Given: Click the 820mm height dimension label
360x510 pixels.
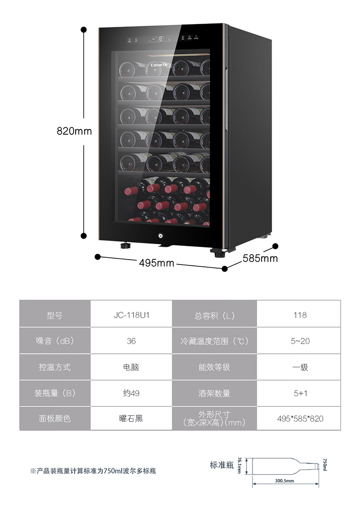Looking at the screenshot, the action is tap(74, 131).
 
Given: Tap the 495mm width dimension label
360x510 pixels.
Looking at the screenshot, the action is tap(156, 263).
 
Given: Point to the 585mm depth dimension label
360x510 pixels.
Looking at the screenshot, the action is tap(260, 259).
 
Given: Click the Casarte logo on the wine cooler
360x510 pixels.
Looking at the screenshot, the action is tap(159, 65).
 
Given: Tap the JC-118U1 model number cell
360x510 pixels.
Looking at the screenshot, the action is tap(131, 315).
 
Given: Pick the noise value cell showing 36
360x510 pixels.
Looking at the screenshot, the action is tap(131, 341).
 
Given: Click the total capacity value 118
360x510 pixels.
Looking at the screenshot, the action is tap(300, 315).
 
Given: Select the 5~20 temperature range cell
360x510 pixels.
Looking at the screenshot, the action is tap(300, 341).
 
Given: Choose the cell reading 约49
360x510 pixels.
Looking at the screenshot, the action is tap(131, 393).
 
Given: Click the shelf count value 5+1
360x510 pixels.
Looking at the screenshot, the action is tap(300, 393).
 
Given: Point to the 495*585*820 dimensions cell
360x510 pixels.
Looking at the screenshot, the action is tap(300, 418).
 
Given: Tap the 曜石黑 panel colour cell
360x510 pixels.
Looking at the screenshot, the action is tap(131, 418).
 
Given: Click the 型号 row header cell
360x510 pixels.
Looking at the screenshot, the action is tap(55, 315).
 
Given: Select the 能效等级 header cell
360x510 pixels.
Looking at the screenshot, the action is tap(214, 367).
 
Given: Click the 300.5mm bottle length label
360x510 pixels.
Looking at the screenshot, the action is tap(284, 481).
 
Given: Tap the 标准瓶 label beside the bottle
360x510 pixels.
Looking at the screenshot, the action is tap(221, 465).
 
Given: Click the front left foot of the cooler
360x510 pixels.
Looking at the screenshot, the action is tap(125, 246).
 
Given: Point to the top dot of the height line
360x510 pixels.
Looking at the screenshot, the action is tap(84, 30).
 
